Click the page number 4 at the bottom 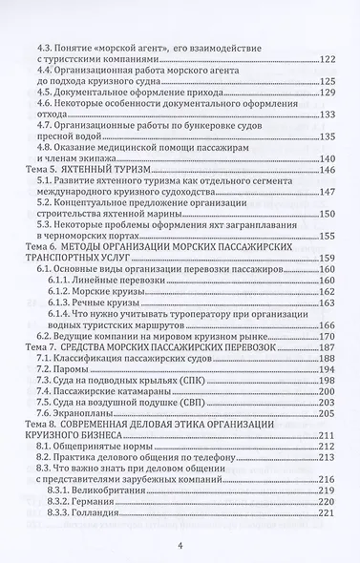180,545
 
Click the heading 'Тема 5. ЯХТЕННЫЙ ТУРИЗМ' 92,142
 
